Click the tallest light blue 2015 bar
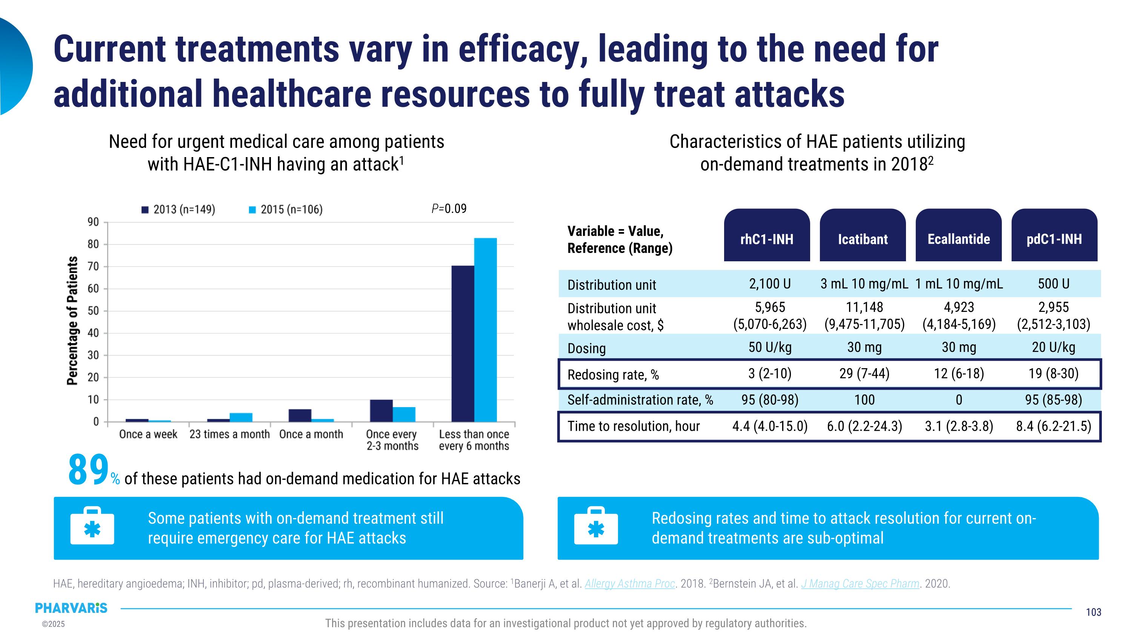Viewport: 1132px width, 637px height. [485, 330]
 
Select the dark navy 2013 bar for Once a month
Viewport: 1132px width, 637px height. [300, 415]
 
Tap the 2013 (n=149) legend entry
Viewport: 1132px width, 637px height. [178, 209]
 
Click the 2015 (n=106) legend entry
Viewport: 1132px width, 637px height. [286, 209]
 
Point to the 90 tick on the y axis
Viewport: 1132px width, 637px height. [93, 222]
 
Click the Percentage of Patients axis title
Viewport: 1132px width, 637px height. [72, 321]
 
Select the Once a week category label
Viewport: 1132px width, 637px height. [148, 434]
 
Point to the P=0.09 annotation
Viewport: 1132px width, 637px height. [449, 208]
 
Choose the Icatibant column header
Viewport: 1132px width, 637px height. [863, 239]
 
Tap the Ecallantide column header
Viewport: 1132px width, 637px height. [958, 239]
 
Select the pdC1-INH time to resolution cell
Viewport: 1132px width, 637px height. [1054, 426]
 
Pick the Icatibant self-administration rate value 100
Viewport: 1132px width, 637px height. [864, 399]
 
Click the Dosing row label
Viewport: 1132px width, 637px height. [586, 348]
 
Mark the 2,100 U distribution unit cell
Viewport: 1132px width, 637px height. [770, 284]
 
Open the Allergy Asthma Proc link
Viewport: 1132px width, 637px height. [629, 583]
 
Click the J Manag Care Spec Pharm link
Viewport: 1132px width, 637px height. [860, 583]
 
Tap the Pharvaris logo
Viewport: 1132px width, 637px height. [71, 608]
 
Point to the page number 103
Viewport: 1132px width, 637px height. [1094, 612]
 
